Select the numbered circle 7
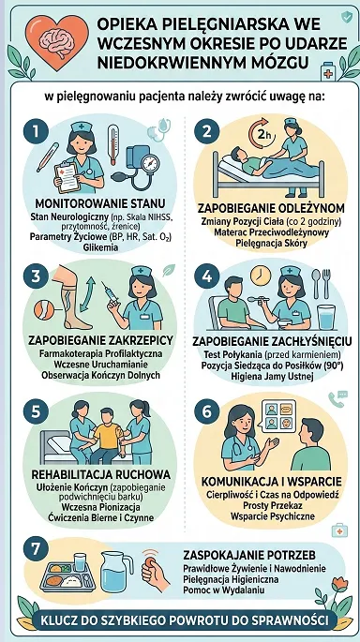coord(36,549)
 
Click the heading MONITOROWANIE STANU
coord(100,203)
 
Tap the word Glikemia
coord(100,246)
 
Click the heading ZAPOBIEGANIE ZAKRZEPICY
coord(101,340)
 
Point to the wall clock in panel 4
coord(261,276)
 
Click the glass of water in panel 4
coord(326,317)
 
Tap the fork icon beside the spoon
coord(327,283)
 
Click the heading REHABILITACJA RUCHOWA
coord(101,474)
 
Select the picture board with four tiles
coord(277,415)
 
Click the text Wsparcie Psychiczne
coord(273,515)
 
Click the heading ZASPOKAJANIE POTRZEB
coord(249,555)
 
